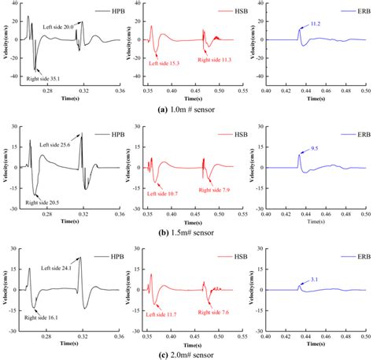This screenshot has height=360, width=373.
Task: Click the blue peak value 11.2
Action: [x=316, y=24]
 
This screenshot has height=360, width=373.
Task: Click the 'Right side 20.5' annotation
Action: [x=44, y=202]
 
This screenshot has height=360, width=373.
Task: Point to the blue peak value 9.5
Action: [x=316, y=147]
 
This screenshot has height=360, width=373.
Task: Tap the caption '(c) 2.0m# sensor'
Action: [x=188, y=354]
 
